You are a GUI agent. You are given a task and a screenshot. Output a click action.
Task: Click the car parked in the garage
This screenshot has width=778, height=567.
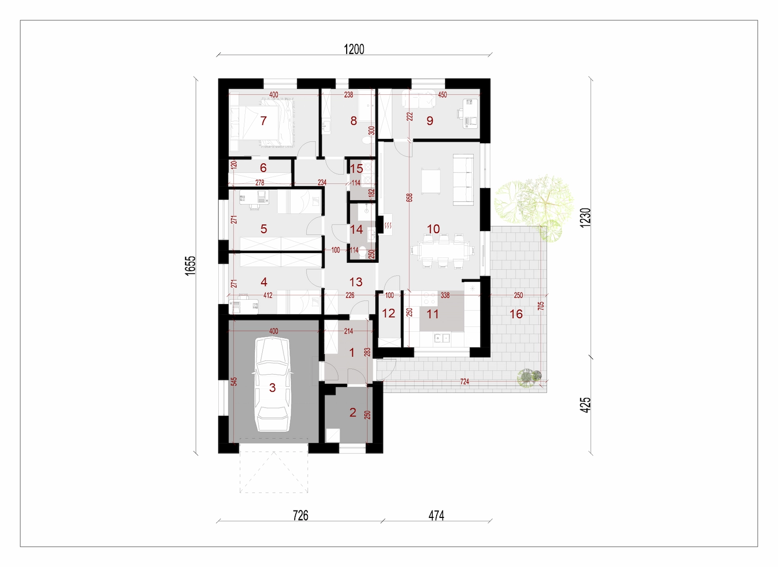click(x=273, y=384)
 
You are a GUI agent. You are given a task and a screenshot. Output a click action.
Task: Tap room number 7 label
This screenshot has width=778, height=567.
click(x=263, y=121)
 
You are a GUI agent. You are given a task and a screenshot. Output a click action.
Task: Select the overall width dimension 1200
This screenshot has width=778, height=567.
click(x=354, y=49)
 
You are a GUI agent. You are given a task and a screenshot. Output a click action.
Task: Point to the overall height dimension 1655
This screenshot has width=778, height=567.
click(x=190, y=266)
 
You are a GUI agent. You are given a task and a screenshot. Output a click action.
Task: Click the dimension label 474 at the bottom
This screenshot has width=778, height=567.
click(x=436, y=515)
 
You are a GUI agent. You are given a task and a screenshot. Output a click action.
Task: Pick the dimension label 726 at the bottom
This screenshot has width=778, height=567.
click(x=301, y=515)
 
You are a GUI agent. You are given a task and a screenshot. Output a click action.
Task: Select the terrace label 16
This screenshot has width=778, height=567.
click(x=516, y=314)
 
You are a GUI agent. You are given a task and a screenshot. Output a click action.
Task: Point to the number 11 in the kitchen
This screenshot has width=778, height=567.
click(x=432, y=314)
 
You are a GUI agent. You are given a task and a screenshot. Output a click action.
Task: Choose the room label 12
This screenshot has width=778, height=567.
click(x=389, y=313)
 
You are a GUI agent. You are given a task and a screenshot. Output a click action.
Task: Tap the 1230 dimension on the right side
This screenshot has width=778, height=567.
click(x=585, y=218)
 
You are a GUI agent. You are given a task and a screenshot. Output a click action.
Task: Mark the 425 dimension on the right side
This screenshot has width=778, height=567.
click(x=585, y=405)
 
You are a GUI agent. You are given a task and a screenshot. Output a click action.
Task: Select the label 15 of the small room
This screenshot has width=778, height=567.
click(x=356, y=169)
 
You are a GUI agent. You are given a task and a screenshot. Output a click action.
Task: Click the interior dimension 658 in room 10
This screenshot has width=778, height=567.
click(x=409, y=197)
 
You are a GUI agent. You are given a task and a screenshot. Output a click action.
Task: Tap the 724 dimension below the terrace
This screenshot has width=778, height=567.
click(x=464, y=382)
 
